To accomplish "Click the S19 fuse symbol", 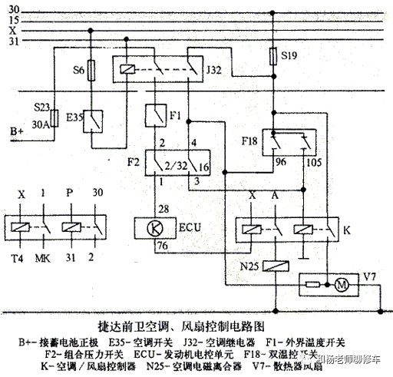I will point(273,57).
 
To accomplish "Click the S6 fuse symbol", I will point(91,72).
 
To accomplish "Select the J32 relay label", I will point(213,70).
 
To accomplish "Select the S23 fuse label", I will point(43,108).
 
